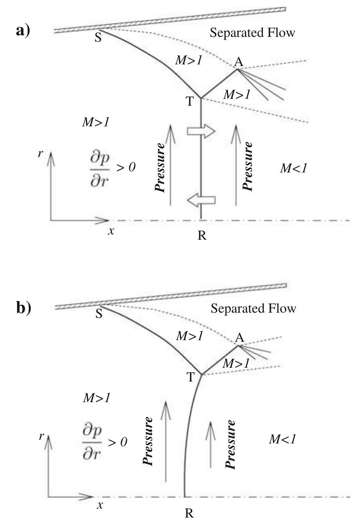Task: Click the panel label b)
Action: pyautogui.click(x=23, y=308)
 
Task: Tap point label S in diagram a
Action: pyautogui.click(x=98, y=40)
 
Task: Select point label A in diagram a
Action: pyautogui.click(x=239, y=62)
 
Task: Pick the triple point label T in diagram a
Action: pyautogui.click(x=190, y=101)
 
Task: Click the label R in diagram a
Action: pyautogui.click(x=202, y=236)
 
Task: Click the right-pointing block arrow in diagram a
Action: pyautogui.click(x=200, y=132)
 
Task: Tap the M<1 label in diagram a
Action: pyautogui.click(x=293, y=169)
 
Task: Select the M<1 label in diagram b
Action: pyautogui.click(x=282, y=439)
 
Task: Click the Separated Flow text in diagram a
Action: pyautogui.click(x=253, y=33)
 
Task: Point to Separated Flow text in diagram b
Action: pyautogui.click(x=253, y=309)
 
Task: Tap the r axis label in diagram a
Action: pyautogui.click(x=40, y=154)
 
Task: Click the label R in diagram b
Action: pyautogui.click(x=189, y=513)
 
